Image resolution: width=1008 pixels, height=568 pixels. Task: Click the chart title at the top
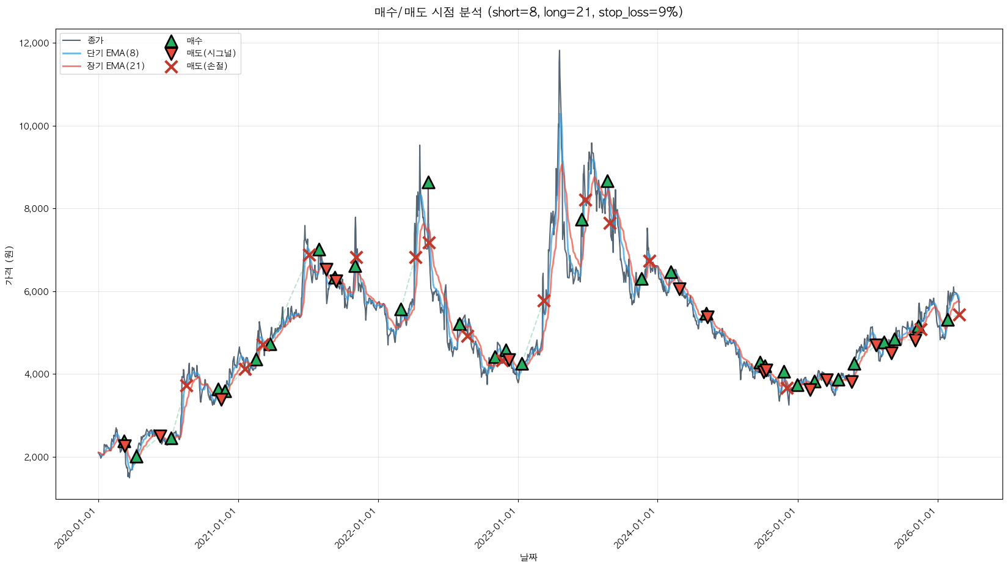tap(528, 12)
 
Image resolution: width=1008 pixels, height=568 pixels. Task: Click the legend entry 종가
tap(95, 40)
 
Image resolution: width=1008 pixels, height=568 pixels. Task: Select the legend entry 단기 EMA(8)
tap(112, 53)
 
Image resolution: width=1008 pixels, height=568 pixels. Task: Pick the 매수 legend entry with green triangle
tap(194, 41)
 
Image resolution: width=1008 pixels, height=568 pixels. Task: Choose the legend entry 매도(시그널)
tap(211, 53)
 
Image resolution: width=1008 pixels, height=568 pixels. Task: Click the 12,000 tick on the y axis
tap(34, 43)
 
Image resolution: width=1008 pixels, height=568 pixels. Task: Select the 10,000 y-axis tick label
tap(34, 126)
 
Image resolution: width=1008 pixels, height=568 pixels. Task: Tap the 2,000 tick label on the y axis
tap(36, 457)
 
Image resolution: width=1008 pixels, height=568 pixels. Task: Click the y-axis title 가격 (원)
tap(9, 264)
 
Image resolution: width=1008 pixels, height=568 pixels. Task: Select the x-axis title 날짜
tap(528, 557)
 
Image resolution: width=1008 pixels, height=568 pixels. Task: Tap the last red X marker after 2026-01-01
tap(959, 315)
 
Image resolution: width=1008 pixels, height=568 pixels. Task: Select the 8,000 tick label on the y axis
tap(36, 209)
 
